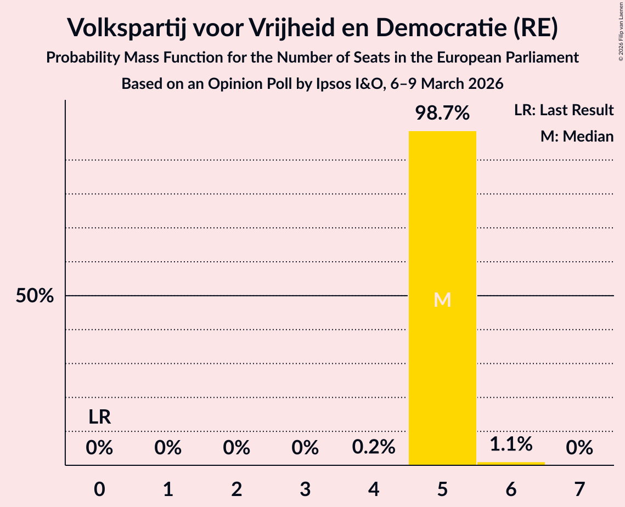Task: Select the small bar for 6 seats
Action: [x=511, y=463]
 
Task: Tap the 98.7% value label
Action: [x=442, y=113]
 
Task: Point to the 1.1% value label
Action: [x=511, y=444]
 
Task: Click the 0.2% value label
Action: [x=374, y=448]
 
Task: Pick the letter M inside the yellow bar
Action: [x=442, y=300]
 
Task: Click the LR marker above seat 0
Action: [x=100, y=418]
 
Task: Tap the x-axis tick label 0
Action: [x=99, y=489]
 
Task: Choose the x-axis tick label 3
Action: [x=305, y=489]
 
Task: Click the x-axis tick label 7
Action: [x=579, y=489]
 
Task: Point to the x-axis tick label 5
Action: [x=442, y=489]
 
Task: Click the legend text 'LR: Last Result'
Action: [x=564, y=110]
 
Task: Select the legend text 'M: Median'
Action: [x=577, y=136]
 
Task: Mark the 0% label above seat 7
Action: [x=579, y=448]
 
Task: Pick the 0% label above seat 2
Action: [x=237, y=448]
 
